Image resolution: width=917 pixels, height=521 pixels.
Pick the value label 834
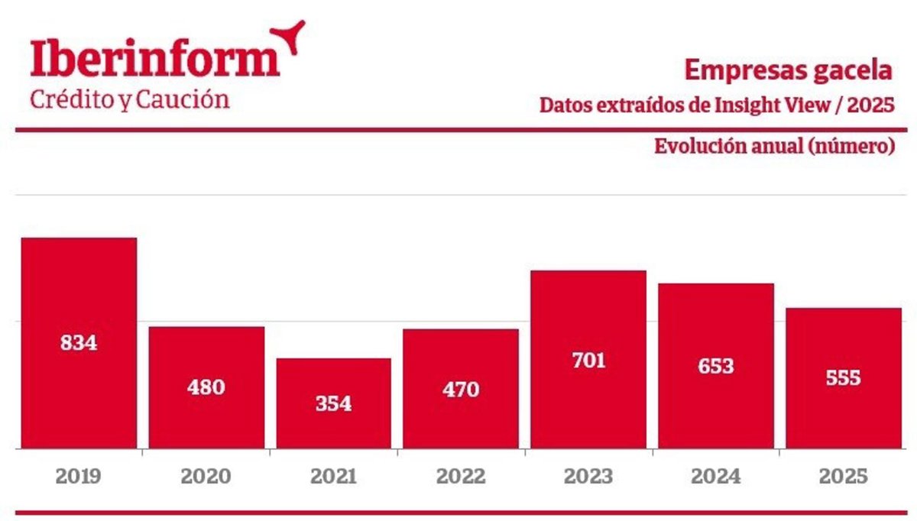click(x=79, y=343)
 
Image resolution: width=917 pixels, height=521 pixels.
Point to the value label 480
click(x=206, y=387)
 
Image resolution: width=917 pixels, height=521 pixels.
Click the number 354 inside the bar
click(x=333, y=403)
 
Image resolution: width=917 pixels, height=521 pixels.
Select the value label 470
click(x=461, y=390)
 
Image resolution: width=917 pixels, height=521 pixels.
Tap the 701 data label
click(x=588, y=360)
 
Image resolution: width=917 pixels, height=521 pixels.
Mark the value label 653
click(x=715, y=366)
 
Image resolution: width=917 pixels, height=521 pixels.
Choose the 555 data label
click(x=843, y=378)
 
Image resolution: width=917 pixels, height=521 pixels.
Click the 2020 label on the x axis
click(x=206, y=477)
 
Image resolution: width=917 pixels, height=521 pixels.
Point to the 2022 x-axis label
click(x=461, y=477)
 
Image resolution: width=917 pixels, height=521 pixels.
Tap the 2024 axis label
click(x=715, y=477)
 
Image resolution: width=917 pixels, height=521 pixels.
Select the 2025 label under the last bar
click(x=843, y=477)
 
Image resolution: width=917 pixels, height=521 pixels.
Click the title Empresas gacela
click(x=788, y=70)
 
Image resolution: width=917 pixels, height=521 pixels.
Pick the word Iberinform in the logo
click(x=155, y=60)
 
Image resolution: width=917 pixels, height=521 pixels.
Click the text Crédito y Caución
click(x=129, y=100)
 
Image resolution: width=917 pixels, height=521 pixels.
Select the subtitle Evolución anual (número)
click(x=774, y=146)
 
